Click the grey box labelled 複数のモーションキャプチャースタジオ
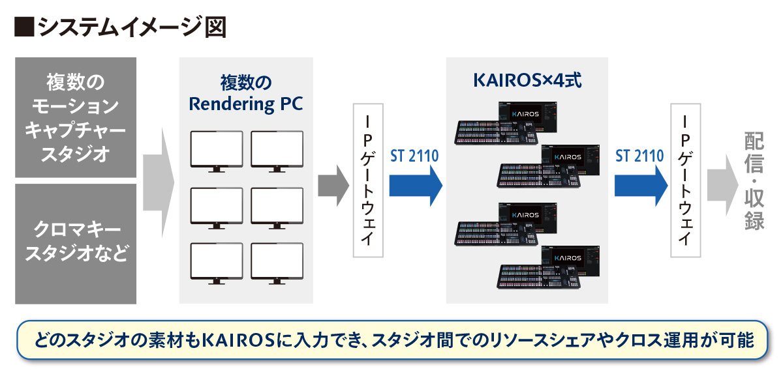pos(76,117)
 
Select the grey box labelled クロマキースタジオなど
pos(76,244)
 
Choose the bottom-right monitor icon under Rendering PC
pos(277,263)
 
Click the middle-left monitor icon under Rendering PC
pos(216,208)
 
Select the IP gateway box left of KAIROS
pos(367,181)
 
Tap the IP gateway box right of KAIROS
pos(685,181)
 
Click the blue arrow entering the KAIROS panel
pos(416,185)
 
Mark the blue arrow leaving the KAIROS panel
pos(641,185)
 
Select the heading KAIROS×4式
pos(527,81)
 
